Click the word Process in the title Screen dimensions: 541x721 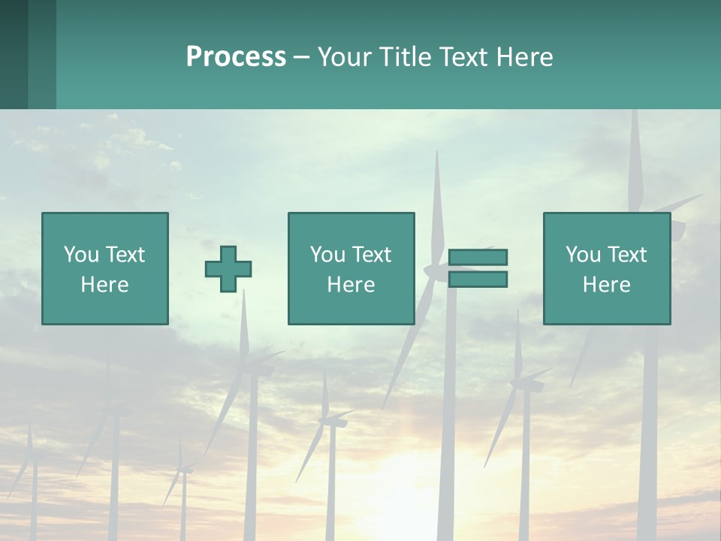(x=236, y=56)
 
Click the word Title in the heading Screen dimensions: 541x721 (x=403, y=56)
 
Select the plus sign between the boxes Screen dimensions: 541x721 (x=228, y=268)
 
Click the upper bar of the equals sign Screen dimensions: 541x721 (x=478, y=257)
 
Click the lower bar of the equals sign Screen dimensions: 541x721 (x=478, y=279)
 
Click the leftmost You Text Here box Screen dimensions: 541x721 (x=105, y=268)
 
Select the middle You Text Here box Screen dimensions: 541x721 (x=351, y=268)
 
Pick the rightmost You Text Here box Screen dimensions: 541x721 (x=606, y=268)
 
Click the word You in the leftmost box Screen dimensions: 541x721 (x=81, y=254)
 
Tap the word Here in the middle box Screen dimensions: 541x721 (x=351, y=284)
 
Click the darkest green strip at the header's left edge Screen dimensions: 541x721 (x=14, y=54)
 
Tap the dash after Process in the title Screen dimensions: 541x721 (x=302, y=57)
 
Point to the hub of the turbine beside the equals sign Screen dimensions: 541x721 (x=436, y=268)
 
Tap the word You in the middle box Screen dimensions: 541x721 (x=327, y=254)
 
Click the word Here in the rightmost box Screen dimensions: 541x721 (x=606, y=284)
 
